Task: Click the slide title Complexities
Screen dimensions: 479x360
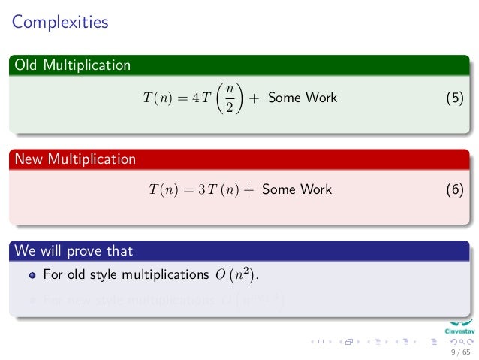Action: (60, 23)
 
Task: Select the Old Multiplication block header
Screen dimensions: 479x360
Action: (72, 65)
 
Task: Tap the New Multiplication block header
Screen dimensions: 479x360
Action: (75, 159)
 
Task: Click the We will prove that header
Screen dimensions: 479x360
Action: (74, 250)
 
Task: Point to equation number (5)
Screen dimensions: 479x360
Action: (454, 98)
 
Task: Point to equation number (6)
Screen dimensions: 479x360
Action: (454, 190)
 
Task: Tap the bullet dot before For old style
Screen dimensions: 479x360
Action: (32, 276)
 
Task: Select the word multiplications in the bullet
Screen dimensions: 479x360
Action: (158, 275)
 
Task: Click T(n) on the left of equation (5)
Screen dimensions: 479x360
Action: (157, 98)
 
